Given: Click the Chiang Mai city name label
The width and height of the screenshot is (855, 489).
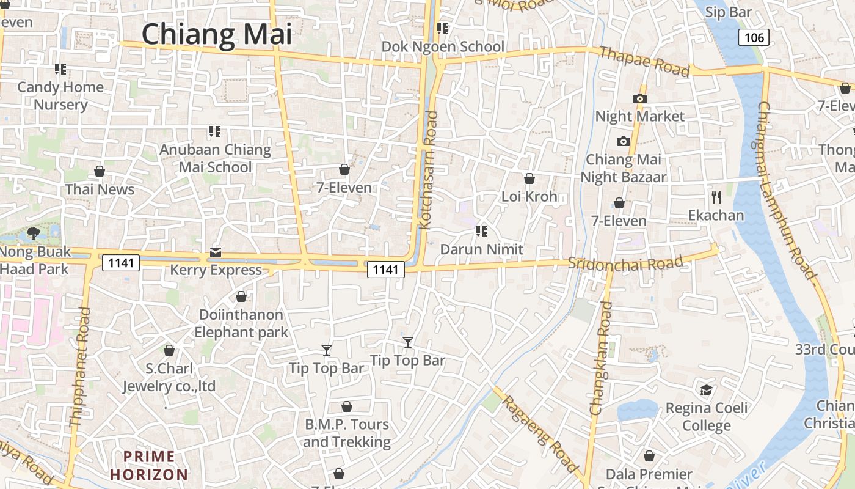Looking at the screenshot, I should click(x=217, y=34).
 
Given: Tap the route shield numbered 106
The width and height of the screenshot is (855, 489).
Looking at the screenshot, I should click(x=754, y=38).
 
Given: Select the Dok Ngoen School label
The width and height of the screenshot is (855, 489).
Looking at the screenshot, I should click(x=443, y=46).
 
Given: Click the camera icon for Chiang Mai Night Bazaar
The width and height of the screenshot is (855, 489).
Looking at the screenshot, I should click(x=623, y=142).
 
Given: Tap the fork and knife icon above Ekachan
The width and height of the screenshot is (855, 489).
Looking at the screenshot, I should click(x=716, y=197).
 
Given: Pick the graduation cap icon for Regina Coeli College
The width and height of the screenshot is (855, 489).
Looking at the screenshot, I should click(x=706, y=390).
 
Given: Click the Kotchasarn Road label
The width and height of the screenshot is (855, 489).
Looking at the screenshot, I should click(x=429, y=170).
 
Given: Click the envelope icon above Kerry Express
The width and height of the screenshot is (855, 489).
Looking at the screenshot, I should click(x=216, y=252).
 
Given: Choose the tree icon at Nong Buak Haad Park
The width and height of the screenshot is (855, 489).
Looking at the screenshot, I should click(x=34, y=233).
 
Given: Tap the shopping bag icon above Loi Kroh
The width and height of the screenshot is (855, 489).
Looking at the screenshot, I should click(x=529, y=178).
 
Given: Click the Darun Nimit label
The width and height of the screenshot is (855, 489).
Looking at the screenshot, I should click(x=481, y=249).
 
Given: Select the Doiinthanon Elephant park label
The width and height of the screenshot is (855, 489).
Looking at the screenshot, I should click(x=241, y=323).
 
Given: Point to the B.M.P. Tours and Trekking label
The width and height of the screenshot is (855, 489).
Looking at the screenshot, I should click(x=346, y=433).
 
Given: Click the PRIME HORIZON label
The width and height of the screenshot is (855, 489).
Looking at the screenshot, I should click(x=149, y=465).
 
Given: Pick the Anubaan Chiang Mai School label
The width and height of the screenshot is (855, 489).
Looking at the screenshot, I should click(x=215, y=158).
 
